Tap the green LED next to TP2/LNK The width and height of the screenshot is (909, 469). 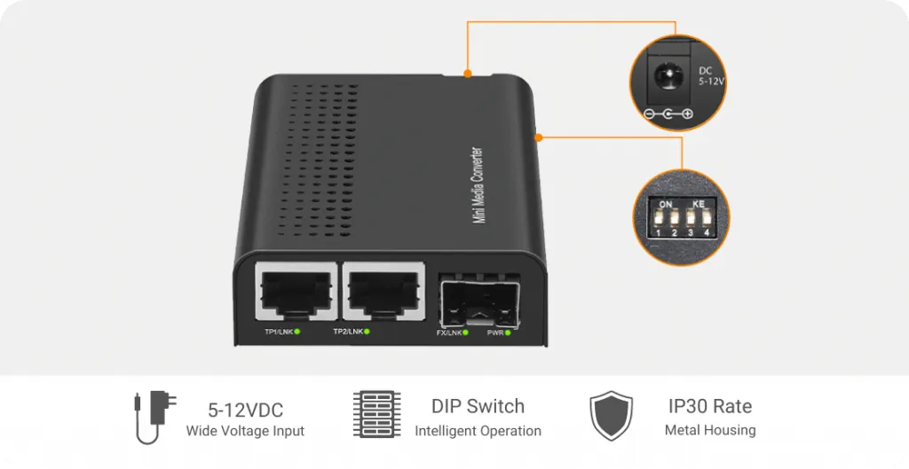pyautogui.click(x=367, y=332)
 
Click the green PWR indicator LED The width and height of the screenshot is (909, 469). pyautogui.click(x=511, y=332)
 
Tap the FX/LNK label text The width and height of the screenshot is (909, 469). pyautogui.click(x=449, y=332)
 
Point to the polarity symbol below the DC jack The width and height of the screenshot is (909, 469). pyautogui.click(x=667, y=114)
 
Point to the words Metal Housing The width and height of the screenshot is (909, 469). pyautogui.click(x=710, y=431)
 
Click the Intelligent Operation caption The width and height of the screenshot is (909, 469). pyautogui.click(x=478, y=431)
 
